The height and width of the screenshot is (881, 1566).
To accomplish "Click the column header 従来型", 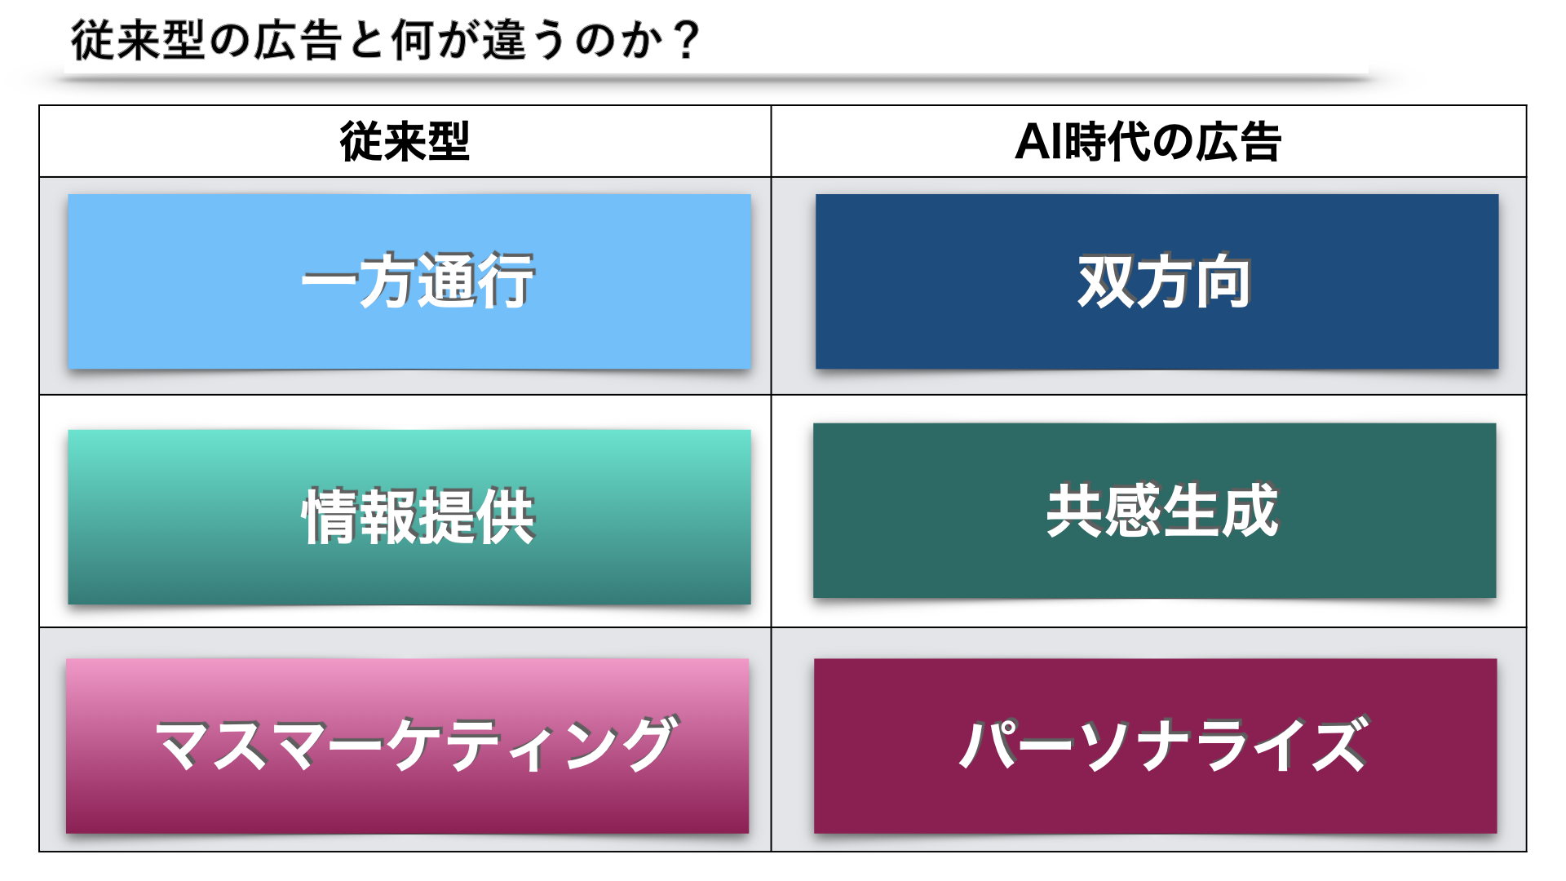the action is (405, 142).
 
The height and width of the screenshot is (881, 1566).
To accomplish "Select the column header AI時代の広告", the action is (1148, 142).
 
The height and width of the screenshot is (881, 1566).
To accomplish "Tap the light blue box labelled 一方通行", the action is (409, 281).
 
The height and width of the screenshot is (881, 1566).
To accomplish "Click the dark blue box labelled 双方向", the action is (1157, 281).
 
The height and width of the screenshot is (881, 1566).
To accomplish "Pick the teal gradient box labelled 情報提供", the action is (409, 517).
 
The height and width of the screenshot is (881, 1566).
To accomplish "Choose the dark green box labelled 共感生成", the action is (1155, 511).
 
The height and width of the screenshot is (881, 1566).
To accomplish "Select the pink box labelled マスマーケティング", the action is (408, 746).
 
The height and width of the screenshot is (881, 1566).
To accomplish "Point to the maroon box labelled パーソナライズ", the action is (1155, 746).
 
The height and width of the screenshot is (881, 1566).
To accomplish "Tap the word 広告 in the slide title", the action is (297, 40).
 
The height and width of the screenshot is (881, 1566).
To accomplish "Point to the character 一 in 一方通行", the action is (330, 282).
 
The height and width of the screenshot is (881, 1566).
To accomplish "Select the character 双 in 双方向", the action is (1106, 282).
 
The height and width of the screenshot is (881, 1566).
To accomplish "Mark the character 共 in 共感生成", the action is (1075, 511).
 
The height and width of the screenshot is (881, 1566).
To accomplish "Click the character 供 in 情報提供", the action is (506, 517).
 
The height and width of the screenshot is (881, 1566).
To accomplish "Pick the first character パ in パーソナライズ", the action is (988, 744).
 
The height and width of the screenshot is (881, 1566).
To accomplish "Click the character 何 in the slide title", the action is (413, 40).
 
